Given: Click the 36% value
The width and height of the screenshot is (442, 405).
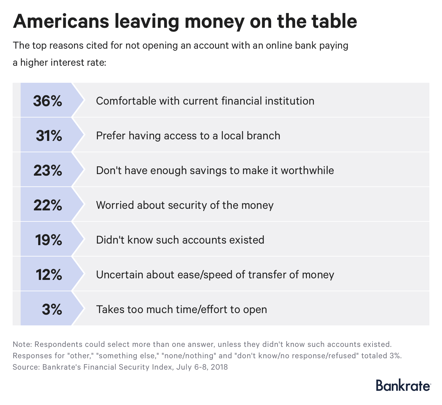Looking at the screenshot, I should coord(48,101).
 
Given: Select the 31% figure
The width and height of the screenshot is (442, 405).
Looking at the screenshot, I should coord(49,136).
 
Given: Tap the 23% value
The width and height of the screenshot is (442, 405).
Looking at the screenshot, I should coord(48,171).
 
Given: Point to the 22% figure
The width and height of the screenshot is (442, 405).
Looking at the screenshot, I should coord(48,205).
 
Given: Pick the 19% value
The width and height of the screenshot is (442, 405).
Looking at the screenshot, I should coord(48,240).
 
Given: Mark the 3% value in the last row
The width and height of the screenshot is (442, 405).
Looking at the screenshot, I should coord(52,310).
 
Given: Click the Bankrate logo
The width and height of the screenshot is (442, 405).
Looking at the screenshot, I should coord(403,385).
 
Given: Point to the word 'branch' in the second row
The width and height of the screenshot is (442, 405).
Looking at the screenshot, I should coord(264,136).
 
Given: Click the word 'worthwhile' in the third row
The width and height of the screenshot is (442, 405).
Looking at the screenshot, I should coord(307,171).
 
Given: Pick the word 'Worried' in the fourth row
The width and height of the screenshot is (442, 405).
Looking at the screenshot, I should coord(115,205).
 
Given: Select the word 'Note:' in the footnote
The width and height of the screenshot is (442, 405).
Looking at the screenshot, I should coord(21,344).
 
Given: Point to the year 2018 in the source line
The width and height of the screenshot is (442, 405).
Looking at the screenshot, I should coord(219,367).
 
